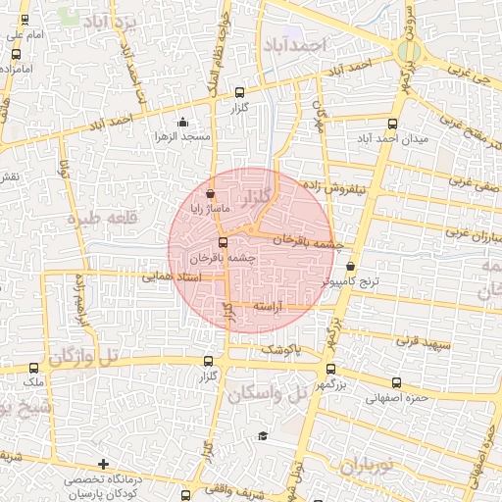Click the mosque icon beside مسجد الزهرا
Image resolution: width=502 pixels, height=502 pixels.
click(x=182, y=123)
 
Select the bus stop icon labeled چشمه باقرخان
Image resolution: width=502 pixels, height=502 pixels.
click(x=223, y=242)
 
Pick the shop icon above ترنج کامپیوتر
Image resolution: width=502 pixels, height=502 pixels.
click(x=351, y=265)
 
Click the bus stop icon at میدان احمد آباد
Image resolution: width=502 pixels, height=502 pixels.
click(x=393, y=124)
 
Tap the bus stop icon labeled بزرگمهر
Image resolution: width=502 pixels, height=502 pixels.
click(x=329, y=369)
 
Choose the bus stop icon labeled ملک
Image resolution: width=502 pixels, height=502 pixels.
click(x=34, y=368)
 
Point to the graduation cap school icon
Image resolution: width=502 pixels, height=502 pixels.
click(x=262, y=436)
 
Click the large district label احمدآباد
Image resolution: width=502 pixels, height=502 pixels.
click(x=293, y=45)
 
